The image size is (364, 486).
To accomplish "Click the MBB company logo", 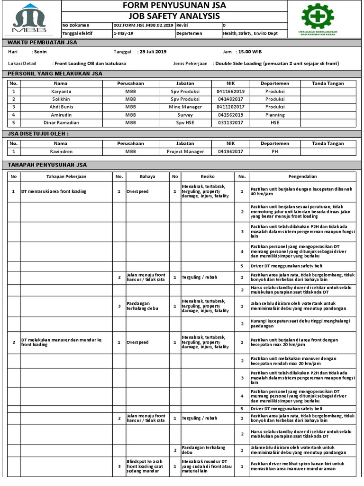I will pyautogui.click(x=30, y=19).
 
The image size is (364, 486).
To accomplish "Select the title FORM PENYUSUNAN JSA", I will pyautogui.click(x=174, y=6).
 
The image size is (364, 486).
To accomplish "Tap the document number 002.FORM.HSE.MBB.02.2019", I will pyautogui.click(x=143, y=25).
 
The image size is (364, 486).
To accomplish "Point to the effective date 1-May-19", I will pyautogui.click(x=123, y=34).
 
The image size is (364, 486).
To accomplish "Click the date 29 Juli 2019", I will pyautogui.click(x=152, y=52).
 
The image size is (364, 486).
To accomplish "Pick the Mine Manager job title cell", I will pyautogui.click(x=185, y=107).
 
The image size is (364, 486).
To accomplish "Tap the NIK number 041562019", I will pyautogui.click(x=230, y=115).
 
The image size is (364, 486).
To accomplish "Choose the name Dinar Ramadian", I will pyautogui.click(x=61, y=122).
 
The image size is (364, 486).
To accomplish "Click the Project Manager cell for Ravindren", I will pyautogui.click(x=185, y=151).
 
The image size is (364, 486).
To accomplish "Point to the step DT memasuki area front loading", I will pyautogui.click(x=54, y=192).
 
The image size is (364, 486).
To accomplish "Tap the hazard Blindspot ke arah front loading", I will pyautogui.click(x=146, y=467).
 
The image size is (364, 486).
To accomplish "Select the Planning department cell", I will pyautogui.click(x=275, y=115).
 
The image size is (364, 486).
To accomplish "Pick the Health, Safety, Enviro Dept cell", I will pyautogui.click(x=254, y=34).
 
